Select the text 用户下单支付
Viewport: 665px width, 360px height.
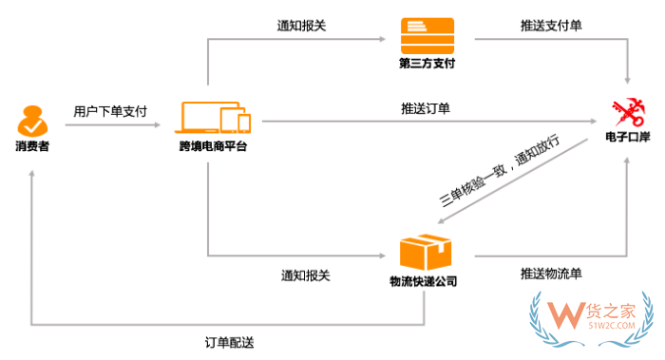pos(110,111)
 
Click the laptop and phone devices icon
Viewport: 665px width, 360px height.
pos(215,118)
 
